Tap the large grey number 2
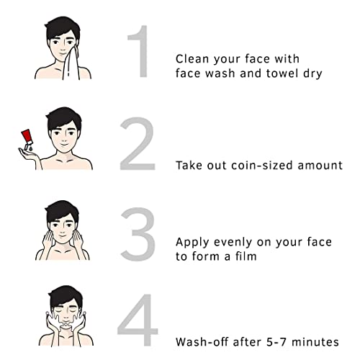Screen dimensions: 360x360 tap(138, 143)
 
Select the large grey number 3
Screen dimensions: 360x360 tap(138, 234)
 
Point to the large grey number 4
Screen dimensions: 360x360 tap(138, 320)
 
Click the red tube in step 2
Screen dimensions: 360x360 tap(27, 137)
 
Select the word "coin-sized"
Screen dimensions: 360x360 tap(262, 166)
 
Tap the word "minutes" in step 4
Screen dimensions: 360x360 tap(315, 342)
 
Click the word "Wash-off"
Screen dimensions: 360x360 tap(202, 342)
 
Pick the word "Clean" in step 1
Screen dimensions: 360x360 tap(192, 59)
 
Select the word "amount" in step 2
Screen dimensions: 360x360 tap(320, 166)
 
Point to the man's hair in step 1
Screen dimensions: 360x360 tap(62, 27)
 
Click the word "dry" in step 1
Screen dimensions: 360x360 tap(312, 73)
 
